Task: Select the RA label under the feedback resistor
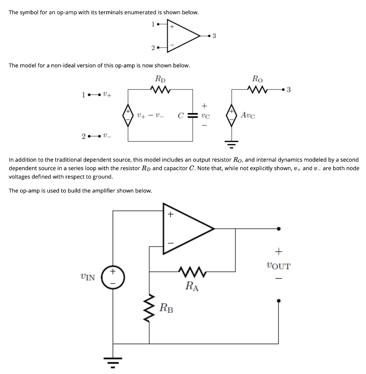click(192, 286)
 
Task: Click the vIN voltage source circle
click(113, 277)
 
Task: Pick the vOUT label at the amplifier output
click(278, 266)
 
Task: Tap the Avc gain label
click(248, 115)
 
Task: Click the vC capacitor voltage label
click(205, 116)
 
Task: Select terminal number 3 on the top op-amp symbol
click(214, 36)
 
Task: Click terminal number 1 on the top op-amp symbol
click(153, 24)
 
